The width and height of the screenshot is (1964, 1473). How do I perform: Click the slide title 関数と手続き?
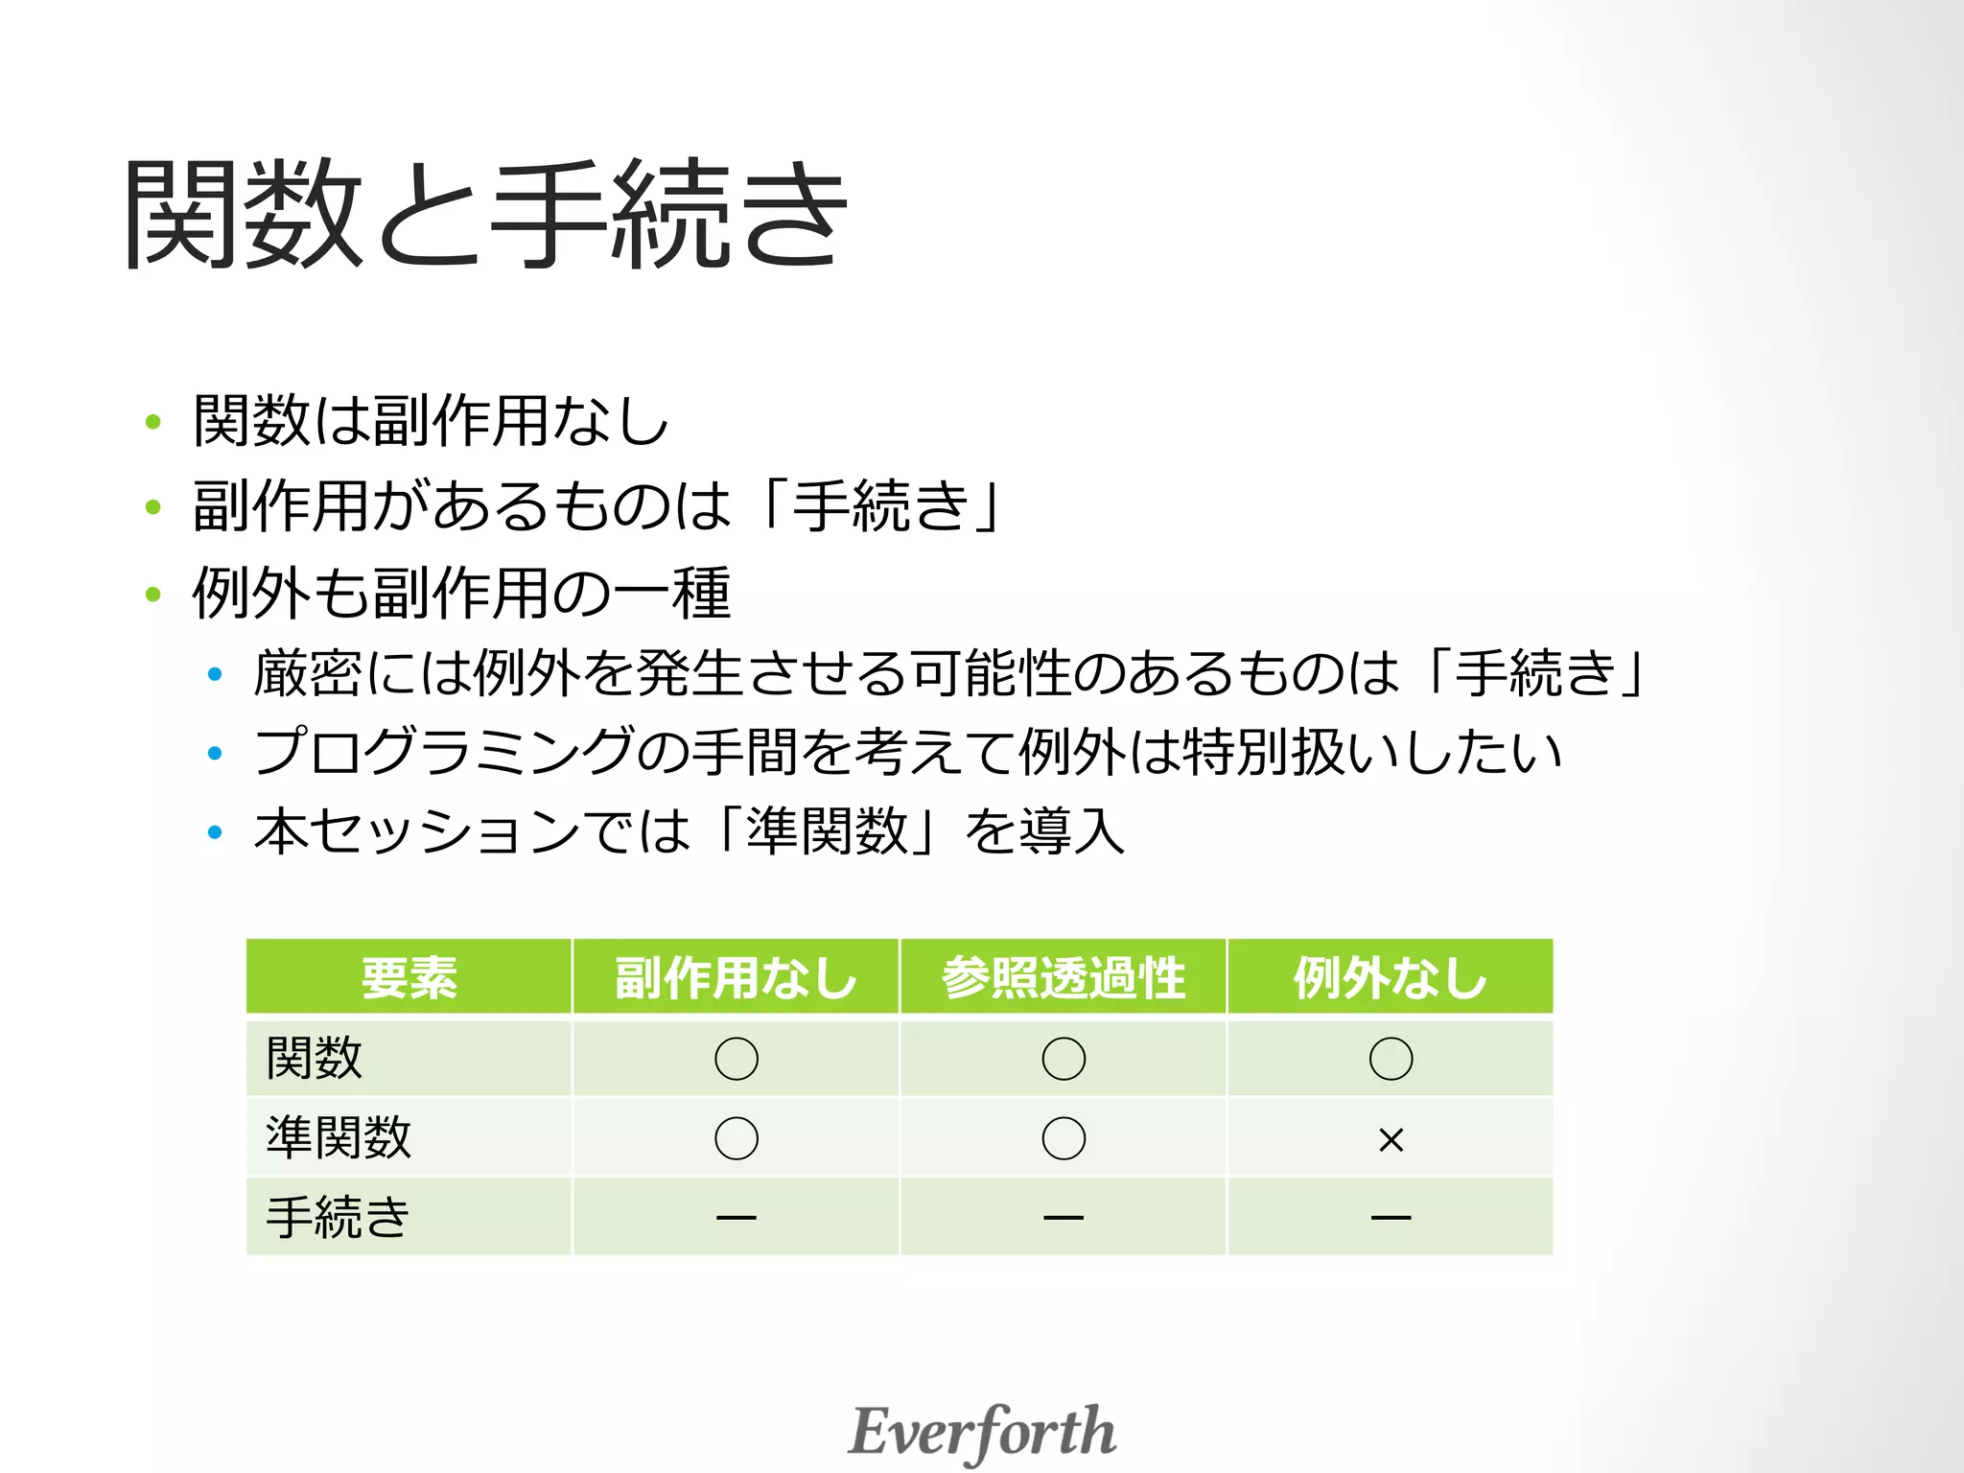(484, 213)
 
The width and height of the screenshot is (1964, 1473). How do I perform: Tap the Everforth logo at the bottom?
(982, 1432)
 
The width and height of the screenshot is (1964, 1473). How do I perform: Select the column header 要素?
(409, 977)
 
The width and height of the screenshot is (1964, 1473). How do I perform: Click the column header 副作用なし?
(736, 977)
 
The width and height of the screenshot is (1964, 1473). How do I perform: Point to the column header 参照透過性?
(1064, 977)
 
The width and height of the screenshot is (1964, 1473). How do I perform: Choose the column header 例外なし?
(1391, 977)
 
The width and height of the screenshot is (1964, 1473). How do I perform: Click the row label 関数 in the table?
(315, 1059)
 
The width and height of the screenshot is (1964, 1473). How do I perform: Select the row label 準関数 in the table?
(339, 1138)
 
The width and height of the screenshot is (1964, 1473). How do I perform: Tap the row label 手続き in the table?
(338, 1218)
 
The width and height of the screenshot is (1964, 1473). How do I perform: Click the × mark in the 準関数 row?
(1391, 1140)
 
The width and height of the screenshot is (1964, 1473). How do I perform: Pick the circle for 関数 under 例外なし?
(1391, 1059)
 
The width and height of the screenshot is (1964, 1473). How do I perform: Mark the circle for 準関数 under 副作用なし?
(736, 1138)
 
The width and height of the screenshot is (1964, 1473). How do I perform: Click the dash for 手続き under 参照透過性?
(1064, 1218)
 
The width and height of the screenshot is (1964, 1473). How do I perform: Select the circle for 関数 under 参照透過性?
(1064, 1059)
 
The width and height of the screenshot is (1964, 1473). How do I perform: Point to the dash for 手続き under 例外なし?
(1391, 1218)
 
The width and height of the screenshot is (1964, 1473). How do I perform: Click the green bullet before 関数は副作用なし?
(152, 421)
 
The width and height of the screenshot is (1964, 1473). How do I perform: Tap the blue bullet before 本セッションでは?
(215, 831)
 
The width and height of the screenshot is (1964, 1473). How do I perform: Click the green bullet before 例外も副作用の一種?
(152, 594)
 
